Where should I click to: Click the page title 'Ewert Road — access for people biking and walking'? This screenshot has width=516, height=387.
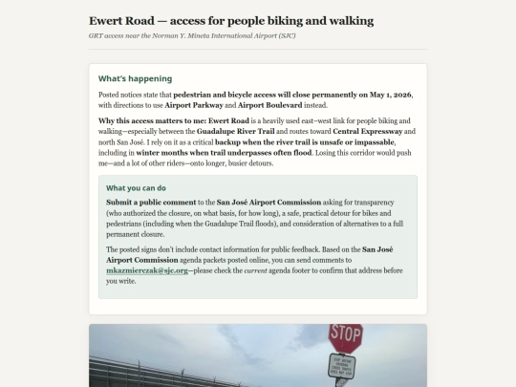click(x=231, y=21)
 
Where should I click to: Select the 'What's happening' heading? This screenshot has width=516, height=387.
click(x=135, y=78)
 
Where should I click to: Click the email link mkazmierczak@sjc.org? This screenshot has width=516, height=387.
click(x=148, y=270)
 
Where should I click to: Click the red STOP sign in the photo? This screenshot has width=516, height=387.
click(x=345, y=336)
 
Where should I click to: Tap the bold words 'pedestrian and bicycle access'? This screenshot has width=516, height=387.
click(x=240, y=95)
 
